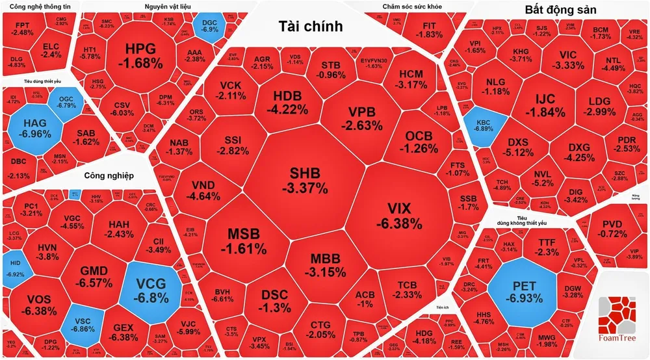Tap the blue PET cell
click(x=523, y=292)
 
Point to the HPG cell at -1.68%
click(x=140, y=55)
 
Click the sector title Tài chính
click(x=309, y=26)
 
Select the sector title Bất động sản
click(x=560, y=9)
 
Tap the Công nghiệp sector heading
click(x=109, y=175)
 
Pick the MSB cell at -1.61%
click(x=246, y=240)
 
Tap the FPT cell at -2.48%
click(x=23, y=29)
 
